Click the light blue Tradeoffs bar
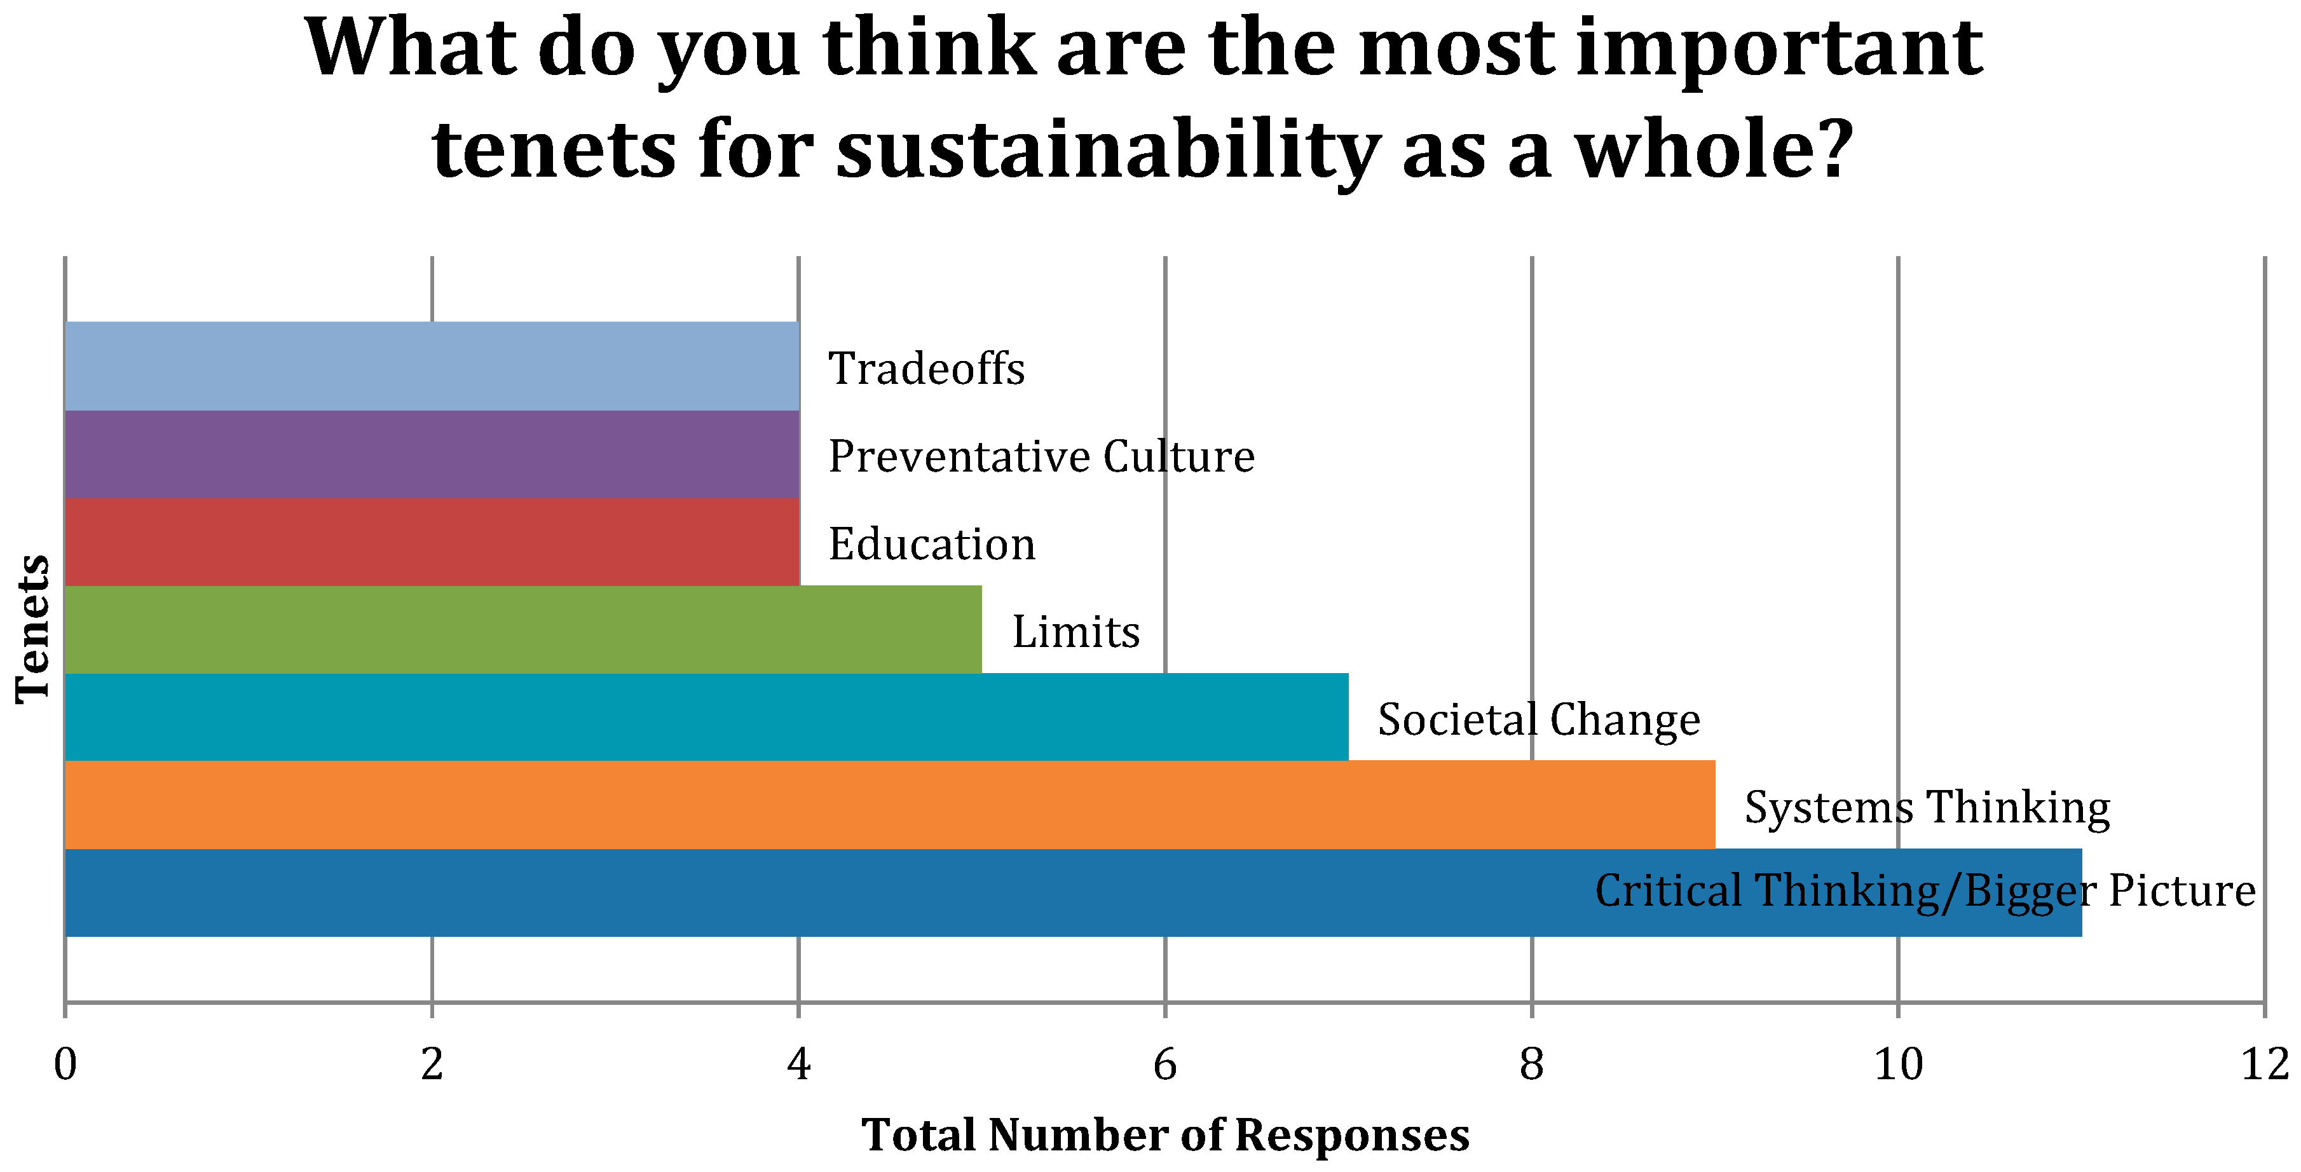(432, 366)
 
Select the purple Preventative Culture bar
(432, 454)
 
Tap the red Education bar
(432, 542)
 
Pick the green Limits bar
(522, 629)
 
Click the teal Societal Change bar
(706, 716)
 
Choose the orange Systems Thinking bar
(889, 804)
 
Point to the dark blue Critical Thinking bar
(804, 892)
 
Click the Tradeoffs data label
(926, 368)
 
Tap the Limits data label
(1075, 632)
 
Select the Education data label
(932, 544)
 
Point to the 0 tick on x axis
(65, 1064)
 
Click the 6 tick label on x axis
(1164, 1064)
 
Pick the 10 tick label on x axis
(1897, 1064)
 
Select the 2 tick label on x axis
(432, 1064)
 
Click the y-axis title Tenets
(33, 629)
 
